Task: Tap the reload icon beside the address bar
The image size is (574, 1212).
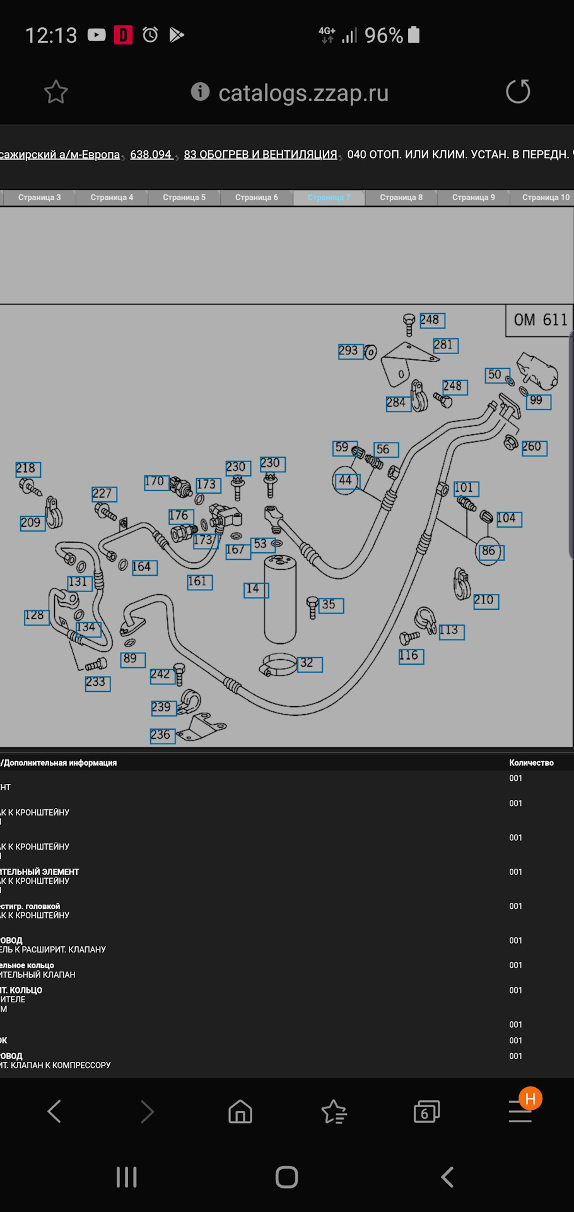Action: (x=518, y=92)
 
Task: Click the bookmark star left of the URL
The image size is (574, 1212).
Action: (x=56, y=92)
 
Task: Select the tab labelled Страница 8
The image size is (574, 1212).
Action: (x=401, y=198)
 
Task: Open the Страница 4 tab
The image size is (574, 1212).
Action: (x=112, y=198)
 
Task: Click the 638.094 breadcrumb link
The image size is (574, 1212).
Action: (x=151, y=155)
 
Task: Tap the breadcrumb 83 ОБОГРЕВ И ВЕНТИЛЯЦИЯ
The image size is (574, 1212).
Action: (x=261, y=155)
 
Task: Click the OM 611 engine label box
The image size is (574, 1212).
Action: (x=540, y=320)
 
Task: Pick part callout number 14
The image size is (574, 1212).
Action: (x=255, y=590)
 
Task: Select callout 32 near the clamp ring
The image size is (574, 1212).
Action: (x=309, y=663)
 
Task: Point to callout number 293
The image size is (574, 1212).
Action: (x=350, y=351)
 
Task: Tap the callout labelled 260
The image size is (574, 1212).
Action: (x=534, y=448)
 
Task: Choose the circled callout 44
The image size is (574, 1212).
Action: (x=346, y=481)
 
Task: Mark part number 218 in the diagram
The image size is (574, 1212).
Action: (x=27, y=469)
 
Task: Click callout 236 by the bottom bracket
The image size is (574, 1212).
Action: (x=162, y=735)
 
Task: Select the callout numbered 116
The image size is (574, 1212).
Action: (x=411, y=656)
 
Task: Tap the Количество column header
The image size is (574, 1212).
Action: (x=531, y=763)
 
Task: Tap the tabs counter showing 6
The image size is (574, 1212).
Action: (x=426, y=1112)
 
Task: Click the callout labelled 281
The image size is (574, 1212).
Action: (x=445, y=345)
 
